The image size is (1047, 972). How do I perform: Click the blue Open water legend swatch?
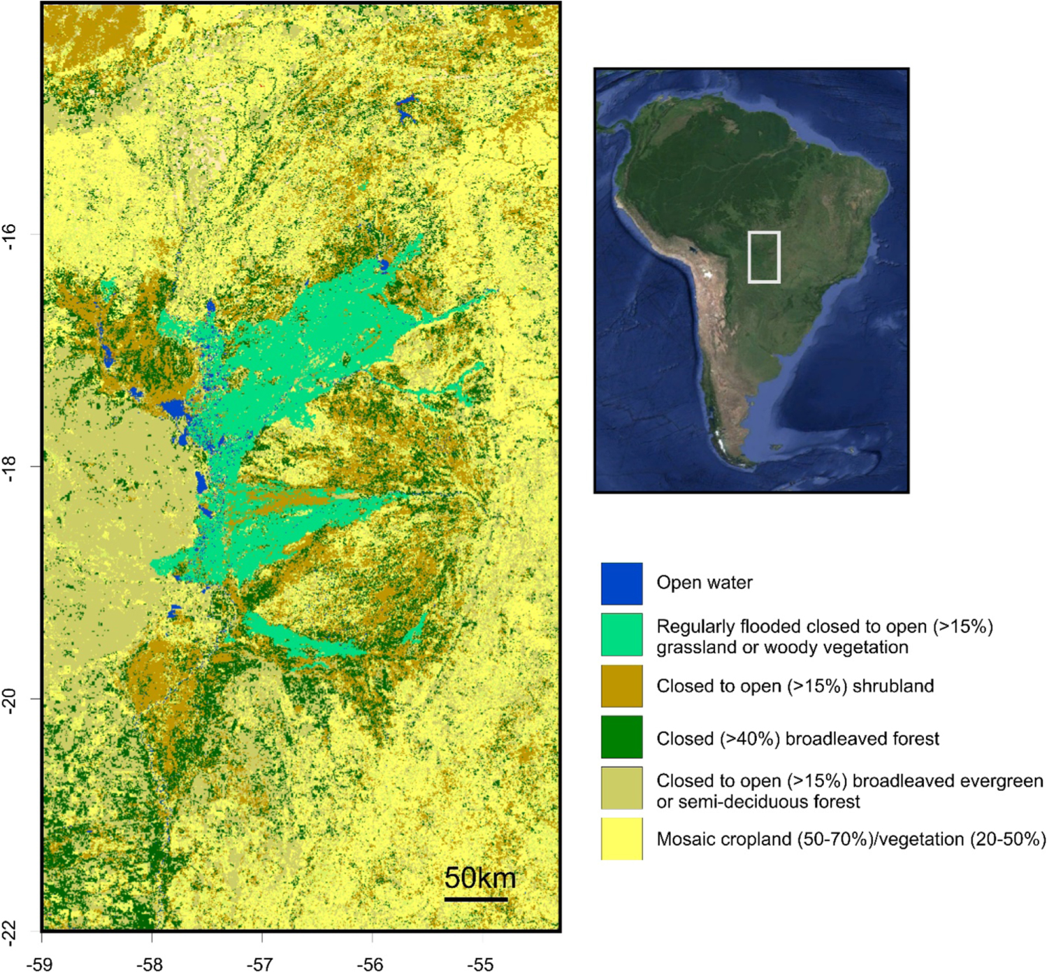click(621, 583)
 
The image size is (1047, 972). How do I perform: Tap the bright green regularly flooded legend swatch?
click(621, 634)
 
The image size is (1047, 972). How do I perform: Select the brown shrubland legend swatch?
click(621, 686)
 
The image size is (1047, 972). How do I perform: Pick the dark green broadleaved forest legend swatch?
click(621, 737)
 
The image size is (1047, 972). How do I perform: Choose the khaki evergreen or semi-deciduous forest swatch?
click(621, 788)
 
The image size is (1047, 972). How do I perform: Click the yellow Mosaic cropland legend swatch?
click(621, 838)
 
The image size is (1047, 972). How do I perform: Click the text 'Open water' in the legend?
click(704, 583)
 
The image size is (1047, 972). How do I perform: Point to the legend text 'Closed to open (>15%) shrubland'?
click(795, 686)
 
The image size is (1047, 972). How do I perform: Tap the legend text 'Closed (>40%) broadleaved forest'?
click(797, 738)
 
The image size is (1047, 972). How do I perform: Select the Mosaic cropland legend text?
click(851, 838)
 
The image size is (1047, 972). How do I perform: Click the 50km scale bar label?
click(479, 878)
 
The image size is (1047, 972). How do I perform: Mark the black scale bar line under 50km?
click(475, 899)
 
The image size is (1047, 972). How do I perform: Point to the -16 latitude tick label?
click(9, 237)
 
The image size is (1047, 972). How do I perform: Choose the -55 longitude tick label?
click(481, 964)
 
